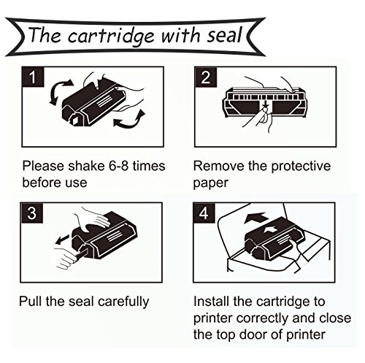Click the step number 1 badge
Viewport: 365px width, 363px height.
click(x=33, y=77)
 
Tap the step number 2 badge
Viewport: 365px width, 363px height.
click(x=206, y=77)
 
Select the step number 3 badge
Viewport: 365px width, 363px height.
click(x=32, y=213)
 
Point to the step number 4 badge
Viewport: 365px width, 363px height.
click(x=204, y=213)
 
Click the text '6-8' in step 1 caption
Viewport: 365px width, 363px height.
click(x=118, y=166)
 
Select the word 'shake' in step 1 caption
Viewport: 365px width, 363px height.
click(x=86, y=166)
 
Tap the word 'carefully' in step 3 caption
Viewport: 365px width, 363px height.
click(x=123, y=302)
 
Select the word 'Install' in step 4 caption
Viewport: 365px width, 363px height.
click(x=211, y=301)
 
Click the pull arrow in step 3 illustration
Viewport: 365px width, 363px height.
click(x=64, y=239)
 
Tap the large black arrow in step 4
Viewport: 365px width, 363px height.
click(x=255, y=218)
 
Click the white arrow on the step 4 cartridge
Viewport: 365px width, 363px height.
click(x=271, y=230)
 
